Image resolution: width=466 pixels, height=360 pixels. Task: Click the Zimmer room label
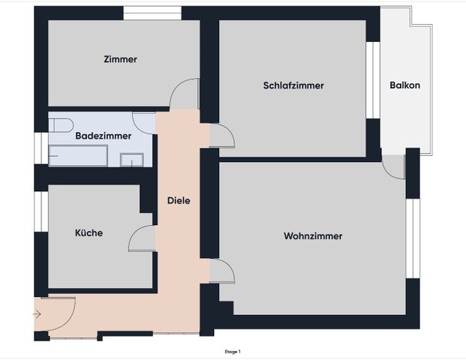click(120, 58)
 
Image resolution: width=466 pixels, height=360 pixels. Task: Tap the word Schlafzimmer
click(293, 85)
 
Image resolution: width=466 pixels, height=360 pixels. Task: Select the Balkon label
click(404, 85)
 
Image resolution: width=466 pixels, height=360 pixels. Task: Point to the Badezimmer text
click(104, 136)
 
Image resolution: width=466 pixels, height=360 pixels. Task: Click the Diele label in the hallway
click(179, 200)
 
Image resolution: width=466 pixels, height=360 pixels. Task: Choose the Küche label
click(89, 232)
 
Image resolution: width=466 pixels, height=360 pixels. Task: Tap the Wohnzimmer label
click(313, 236)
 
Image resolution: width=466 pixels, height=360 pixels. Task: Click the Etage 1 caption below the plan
click(232, 351)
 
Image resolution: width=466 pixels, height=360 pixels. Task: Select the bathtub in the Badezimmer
click(78, 156)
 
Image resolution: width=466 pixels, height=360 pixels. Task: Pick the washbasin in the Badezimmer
click(133, 159)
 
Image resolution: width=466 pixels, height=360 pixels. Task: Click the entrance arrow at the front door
click(38, 314)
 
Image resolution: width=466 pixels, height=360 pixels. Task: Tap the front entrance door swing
click(60, 309)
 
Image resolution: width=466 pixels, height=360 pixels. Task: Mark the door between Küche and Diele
click(143, 239)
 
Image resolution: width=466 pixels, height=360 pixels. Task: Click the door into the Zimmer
click(185, 94)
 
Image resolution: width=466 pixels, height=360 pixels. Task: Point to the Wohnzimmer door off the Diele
click(221, 271)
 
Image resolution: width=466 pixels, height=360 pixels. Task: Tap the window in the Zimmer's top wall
click(152, 13)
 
